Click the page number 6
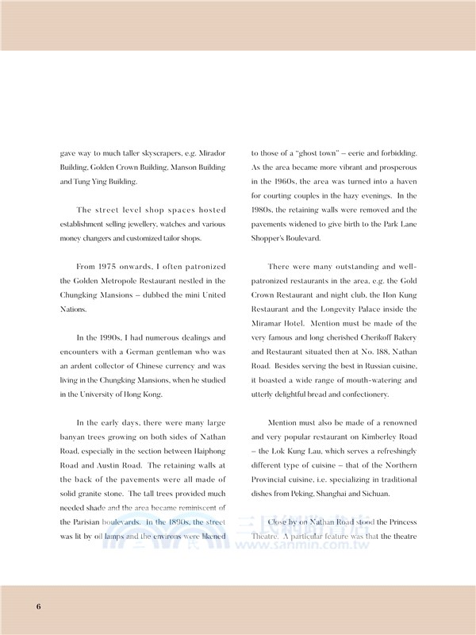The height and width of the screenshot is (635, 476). tap(38, 606)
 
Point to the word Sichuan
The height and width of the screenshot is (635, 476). tap(372, 495)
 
